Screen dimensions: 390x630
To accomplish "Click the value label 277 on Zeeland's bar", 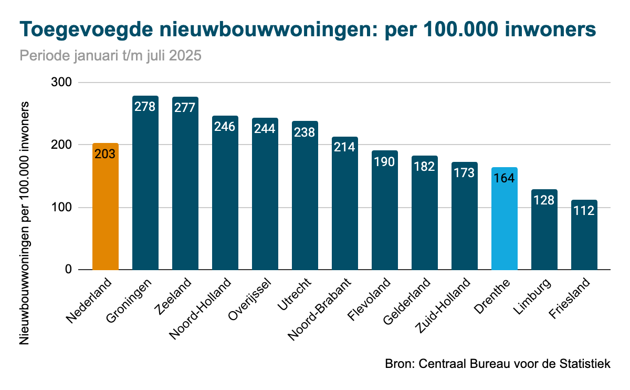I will click(185, 107).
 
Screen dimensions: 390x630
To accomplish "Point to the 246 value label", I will click(225, 126).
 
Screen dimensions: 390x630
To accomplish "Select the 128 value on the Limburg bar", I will click(544, 200).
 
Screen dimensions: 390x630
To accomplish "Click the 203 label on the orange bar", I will click(106, 154).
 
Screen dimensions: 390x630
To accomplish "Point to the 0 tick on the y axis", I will click(68, 270).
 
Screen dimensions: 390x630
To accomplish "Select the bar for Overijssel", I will click(265, 200).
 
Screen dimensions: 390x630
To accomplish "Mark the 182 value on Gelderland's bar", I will click(425, 167).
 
